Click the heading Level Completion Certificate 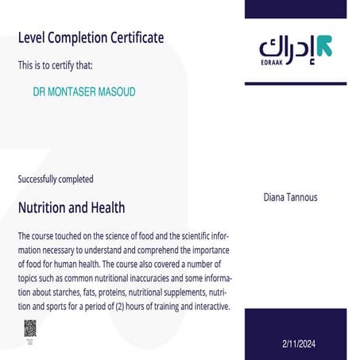(91, 37)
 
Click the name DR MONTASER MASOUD (84, 92)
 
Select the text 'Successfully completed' (56, 179)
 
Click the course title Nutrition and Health (72, 207)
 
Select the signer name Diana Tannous (290, 197)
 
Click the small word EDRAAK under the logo (272, 64)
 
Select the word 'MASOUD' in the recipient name (115, 92)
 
